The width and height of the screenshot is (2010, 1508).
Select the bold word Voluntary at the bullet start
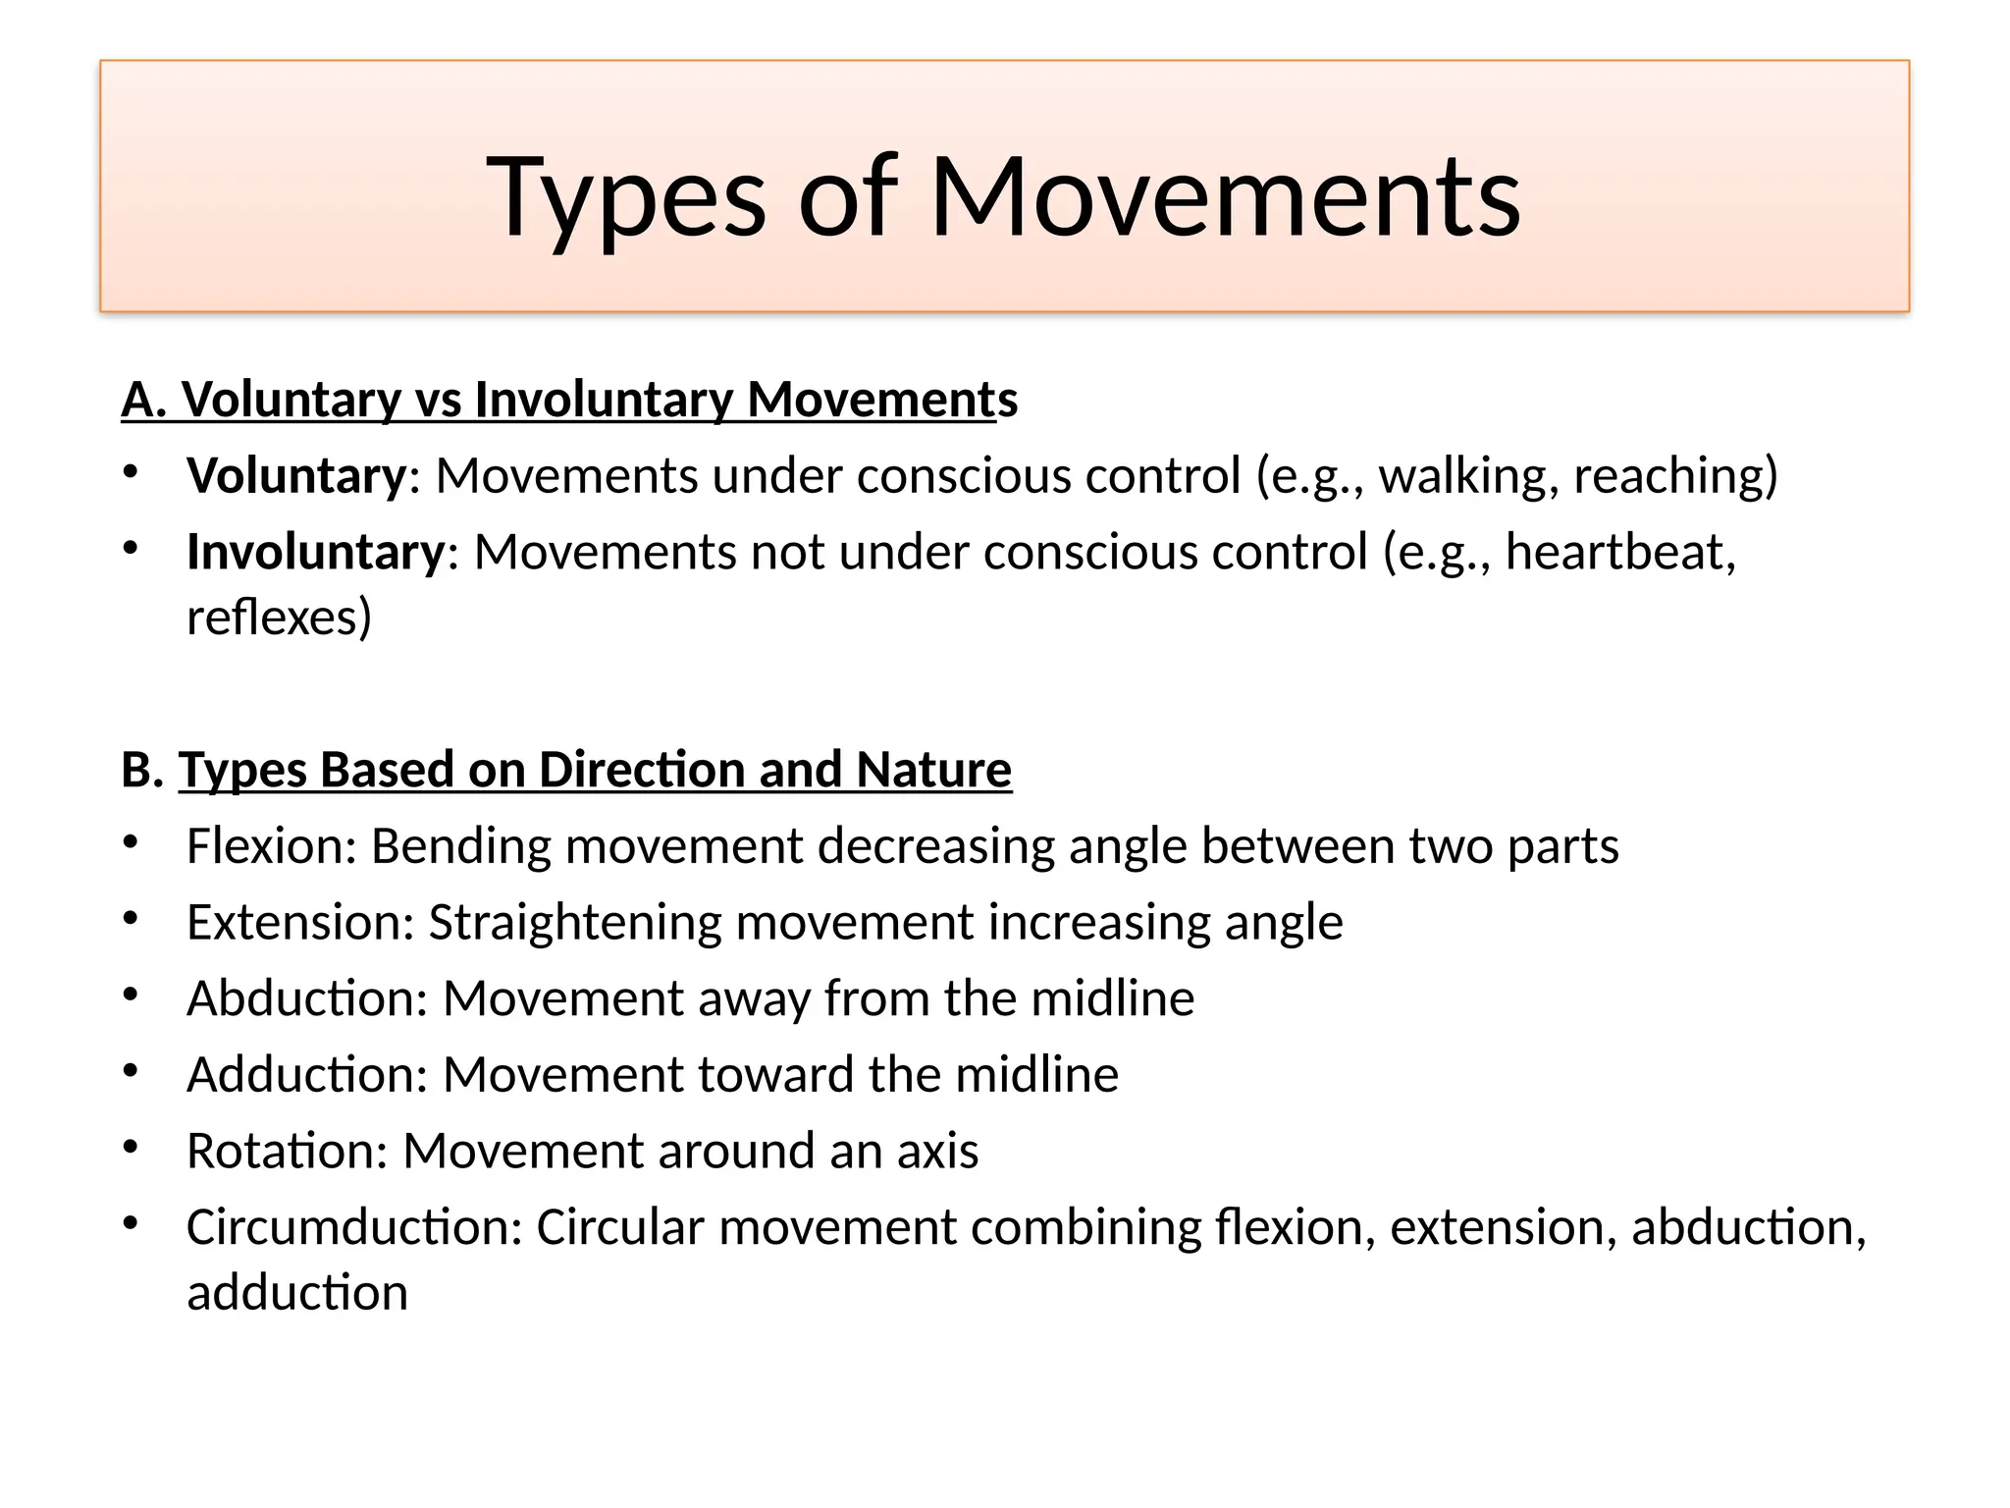(x=295, y=476)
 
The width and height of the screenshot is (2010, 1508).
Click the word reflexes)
(x=279, y=618)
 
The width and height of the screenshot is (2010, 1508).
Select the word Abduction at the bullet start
(x=301, y=998)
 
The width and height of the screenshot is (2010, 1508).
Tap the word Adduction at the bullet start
(x=301, y=1075)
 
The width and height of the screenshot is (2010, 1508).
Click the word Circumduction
(x=347, y=1227)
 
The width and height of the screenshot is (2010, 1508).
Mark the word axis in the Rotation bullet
(x=937, y=1151)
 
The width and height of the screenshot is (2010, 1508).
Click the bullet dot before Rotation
(x=131, y=1147)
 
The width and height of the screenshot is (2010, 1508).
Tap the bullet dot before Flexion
(x=131, y=842)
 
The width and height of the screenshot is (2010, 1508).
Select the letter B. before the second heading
(x=141, y=770)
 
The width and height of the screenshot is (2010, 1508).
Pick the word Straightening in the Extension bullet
(x=574, y=923)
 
